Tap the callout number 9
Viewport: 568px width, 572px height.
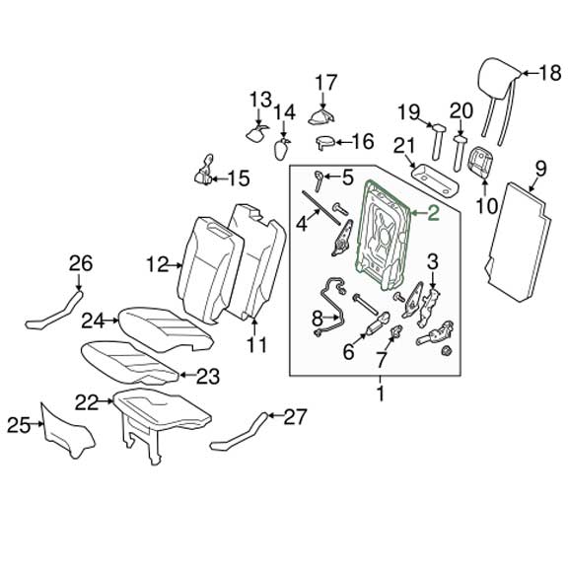click(x=539, y=168)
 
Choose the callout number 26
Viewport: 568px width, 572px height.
click(x=79, y=262)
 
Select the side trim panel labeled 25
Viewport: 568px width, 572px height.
click(x=68, y=430)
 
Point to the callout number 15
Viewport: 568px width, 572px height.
click(x=240, y=178)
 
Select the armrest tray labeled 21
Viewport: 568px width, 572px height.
click(x=435, y=180)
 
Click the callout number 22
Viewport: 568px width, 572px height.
click(x=88, y=401)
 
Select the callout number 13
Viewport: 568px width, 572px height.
click(x=259, y=99)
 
